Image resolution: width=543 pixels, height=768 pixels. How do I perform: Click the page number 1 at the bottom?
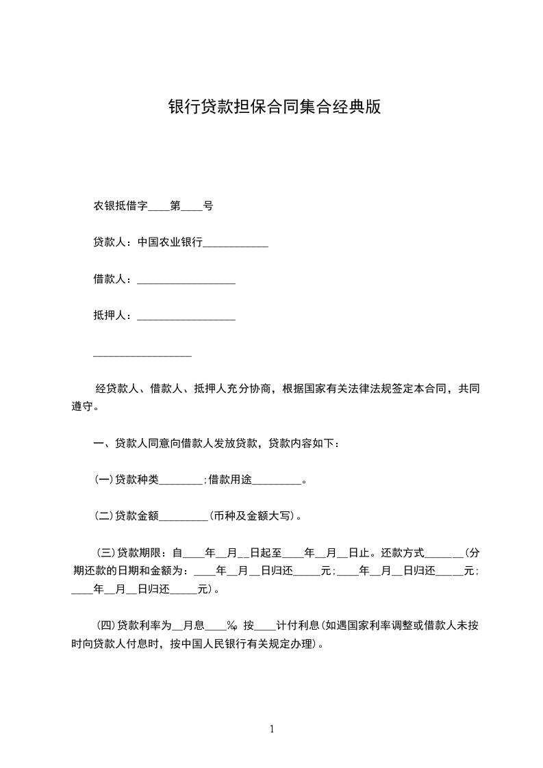pos(272,729)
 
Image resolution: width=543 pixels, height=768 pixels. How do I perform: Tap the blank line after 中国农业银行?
pos(236,244)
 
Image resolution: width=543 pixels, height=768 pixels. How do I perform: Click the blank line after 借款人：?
pos(186,281)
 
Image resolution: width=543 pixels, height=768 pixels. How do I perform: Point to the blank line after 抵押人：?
pos(186,317)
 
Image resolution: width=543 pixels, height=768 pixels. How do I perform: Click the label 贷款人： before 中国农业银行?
pos(114,242)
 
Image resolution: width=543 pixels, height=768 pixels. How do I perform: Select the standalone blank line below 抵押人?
pos(142,354)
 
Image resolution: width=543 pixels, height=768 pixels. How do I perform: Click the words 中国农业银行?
pos(170,242)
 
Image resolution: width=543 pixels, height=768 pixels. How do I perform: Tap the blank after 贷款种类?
pos(181,481)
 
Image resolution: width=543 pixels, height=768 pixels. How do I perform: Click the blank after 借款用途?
pos(277,481)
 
